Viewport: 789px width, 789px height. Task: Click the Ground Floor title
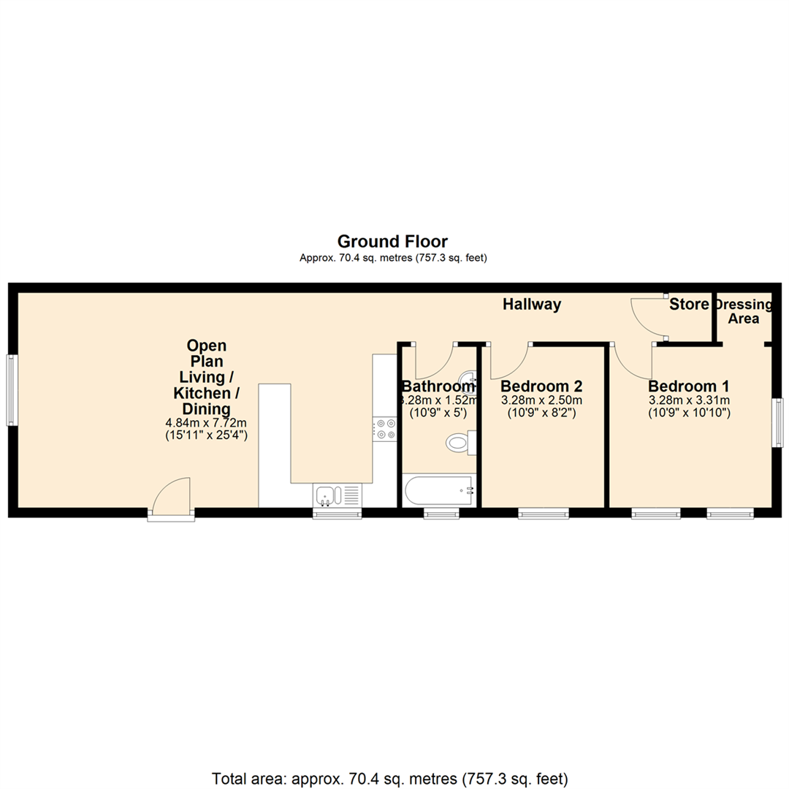pos(392,241)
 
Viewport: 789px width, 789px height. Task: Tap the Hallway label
pos(532,305)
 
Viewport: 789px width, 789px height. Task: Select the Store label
pos(689,304)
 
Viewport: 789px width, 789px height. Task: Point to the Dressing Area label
pos(744,312)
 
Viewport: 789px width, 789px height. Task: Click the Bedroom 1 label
pos(688,386)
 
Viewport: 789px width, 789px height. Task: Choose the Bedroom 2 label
pos(541,386)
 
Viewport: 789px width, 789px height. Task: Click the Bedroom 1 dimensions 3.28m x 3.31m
pos(689,400)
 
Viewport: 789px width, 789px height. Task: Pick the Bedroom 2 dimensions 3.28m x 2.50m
pos(541,400)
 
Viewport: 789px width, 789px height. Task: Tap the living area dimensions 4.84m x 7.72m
pos(207,423)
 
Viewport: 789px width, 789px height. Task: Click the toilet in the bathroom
pos(460,441)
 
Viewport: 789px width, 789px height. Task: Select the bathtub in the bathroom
pos(438,490)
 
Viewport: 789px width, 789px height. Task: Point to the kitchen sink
pos(326,495)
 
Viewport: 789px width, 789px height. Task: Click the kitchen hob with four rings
pos(384,428)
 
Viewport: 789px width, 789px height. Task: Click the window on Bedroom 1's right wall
pos(777,422)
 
